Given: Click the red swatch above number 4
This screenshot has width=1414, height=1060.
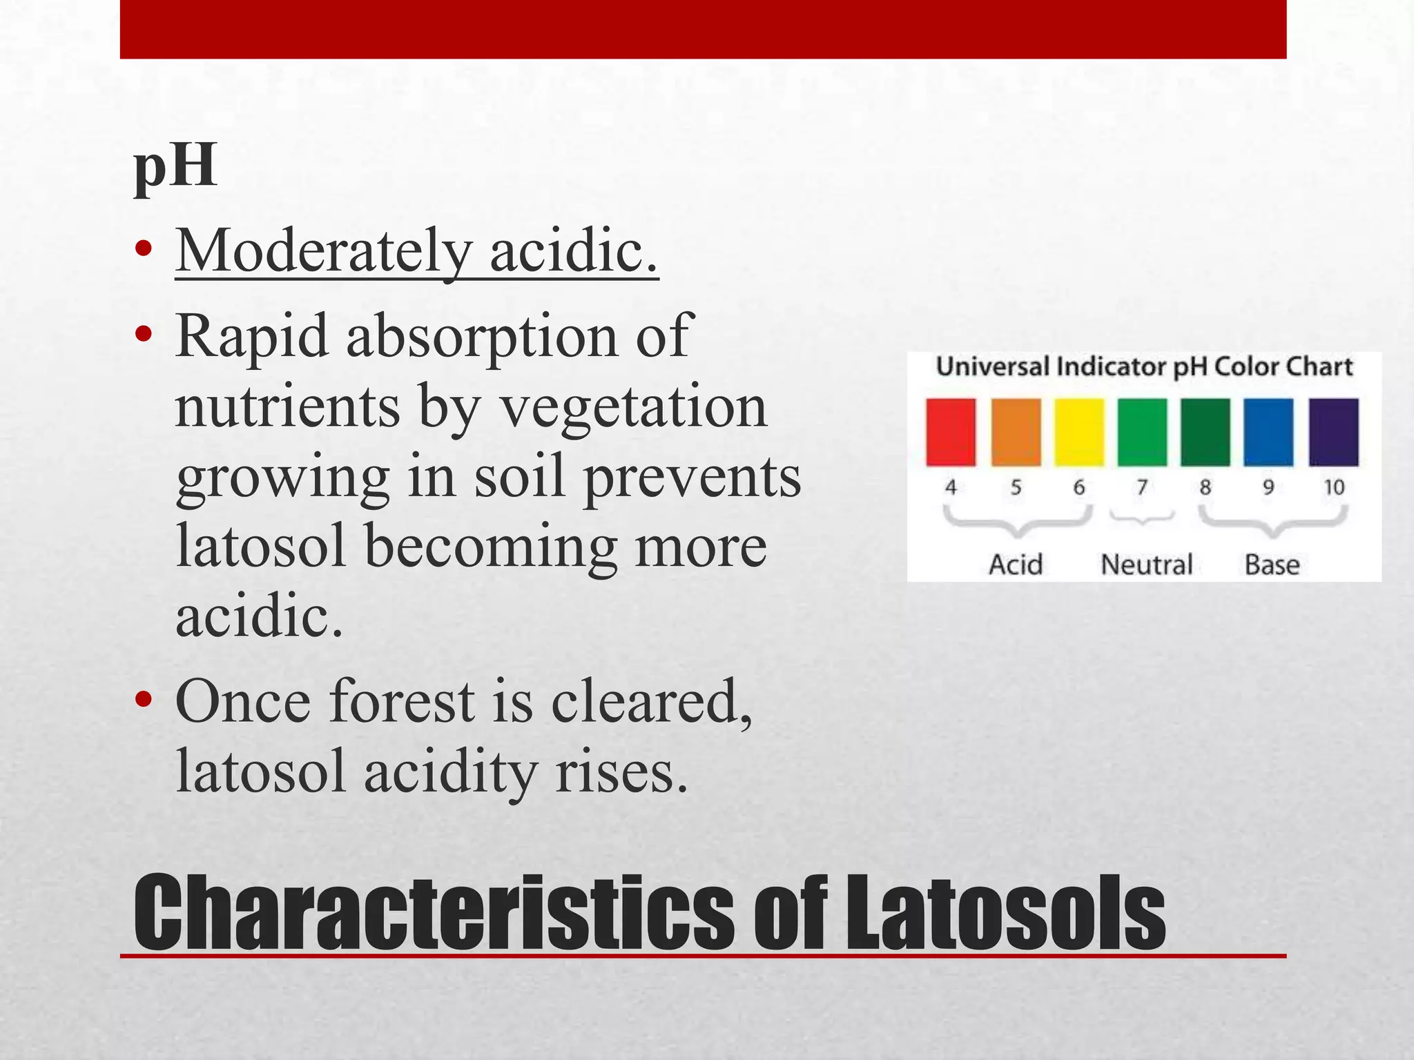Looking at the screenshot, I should (951, 431).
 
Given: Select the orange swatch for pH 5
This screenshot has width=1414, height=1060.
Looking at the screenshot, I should (1016, 431).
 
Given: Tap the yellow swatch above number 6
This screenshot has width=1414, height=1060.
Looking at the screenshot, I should (1078, 431).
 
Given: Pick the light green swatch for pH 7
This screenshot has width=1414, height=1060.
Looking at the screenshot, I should (1142, 431).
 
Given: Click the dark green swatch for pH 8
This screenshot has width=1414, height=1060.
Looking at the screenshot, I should (1205, 431).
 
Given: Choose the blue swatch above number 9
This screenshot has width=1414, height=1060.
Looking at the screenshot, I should (1268, 431).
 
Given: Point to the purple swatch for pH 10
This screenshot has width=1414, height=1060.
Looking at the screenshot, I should (1333, 431).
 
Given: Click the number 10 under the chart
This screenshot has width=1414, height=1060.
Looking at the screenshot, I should (1334, 487).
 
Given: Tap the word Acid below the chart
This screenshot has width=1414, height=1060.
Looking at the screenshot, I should (1016, 565).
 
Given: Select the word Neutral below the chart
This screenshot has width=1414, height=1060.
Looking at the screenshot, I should (1146, 565).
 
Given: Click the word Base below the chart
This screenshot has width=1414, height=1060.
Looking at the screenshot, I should (1272, 565).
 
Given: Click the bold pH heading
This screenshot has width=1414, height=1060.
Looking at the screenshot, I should (175, 167).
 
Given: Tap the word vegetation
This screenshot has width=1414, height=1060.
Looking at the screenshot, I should (633, 406).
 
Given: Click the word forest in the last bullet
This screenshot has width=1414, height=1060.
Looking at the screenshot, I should (401, 701).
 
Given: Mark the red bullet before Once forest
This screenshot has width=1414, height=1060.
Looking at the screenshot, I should (144, 700).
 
